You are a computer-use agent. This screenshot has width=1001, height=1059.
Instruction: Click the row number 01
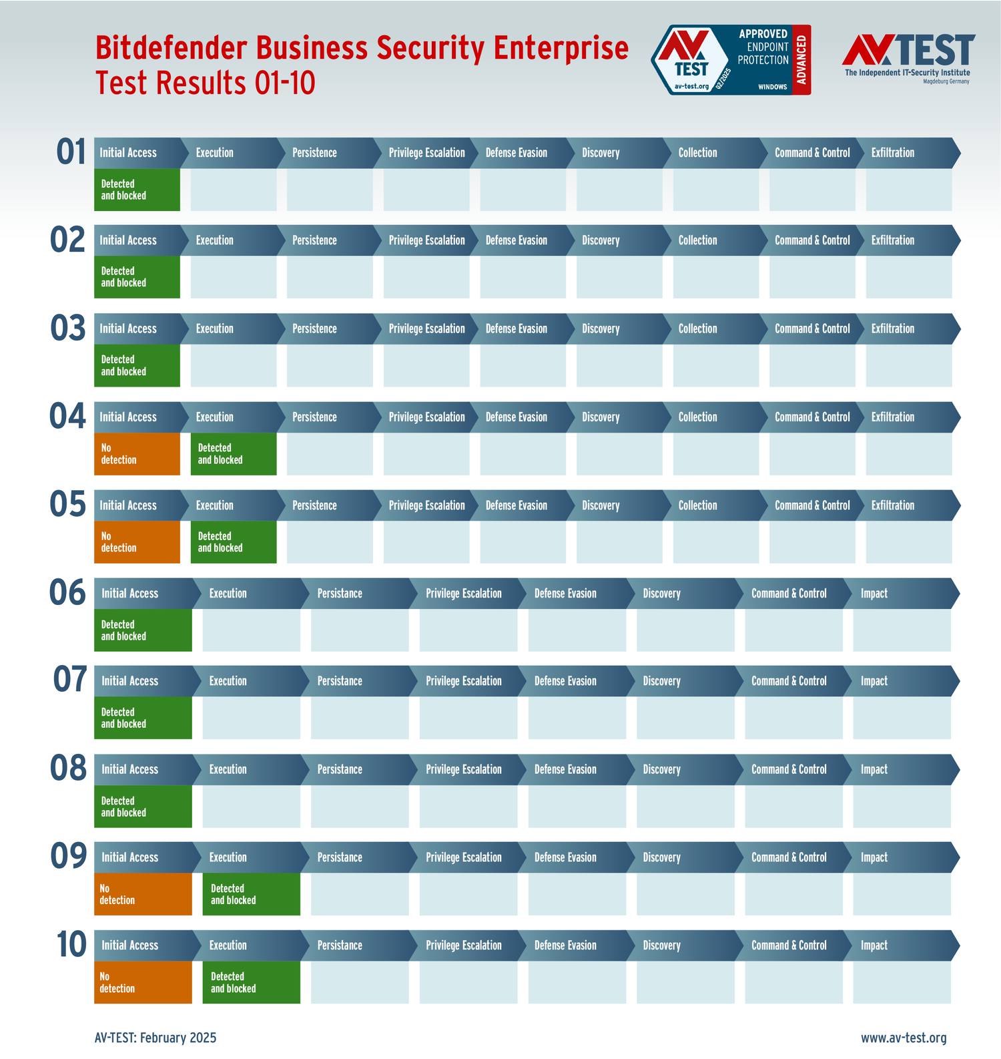(x=71, y=152)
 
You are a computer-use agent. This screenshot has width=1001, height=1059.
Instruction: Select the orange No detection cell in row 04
(x=137, y=454)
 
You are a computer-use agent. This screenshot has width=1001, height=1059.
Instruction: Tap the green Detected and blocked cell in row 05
(x=233, y=542)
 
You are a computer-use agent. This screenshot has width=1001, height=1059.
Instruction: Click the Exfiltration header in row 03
(x=893, y=329)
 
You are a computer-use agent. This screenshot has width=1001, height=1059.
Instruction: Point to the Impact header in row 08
(x=874, y=769)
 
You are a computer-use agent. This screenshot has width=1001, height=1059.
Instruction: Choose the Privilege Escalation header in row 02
(x=426, y=240)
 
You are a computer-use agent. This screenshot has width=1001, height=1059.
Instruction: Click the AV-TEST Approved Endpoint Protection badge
(x=731, y=60)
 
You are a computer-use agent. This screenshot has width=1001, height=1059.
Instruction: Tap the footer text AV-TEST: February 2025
(x=155, y=1038)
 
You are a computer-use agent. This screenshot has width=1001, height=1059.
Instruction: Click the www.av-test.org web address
(x=904, y=1038)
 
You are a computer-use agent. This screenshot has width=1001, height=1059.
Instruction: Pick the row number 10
(x=71, y=945)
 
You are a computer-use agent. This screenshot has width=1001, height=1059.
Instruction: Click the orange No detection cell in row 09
(x=143, y=894)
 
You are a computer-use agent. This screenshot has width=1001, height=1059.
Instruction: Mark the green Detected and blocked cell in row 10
(x=251, y=982)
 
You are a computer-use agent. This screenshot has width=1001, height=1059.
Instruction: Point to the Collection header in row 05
(x=697, y=505)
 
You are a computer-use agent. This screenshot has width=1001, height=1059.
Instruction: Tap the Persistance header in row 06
(x=340, y=594)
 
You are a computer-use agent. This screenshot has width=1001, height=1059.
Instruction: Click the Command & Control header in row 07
(x=789, y=681)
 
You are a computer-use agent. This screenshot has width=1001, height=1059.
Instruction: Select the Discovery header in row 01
(x=601, y=153)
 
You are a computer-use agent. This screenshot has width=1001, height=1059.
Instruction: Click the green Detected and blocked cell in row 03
(x=137, y=365)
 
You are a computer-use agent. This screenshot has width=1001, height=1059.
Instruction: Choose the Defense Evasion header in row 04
(x=516, y=417)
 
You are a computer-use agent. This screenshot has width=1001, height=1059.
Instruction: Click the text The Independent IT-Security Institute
(x=907, y=73)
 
